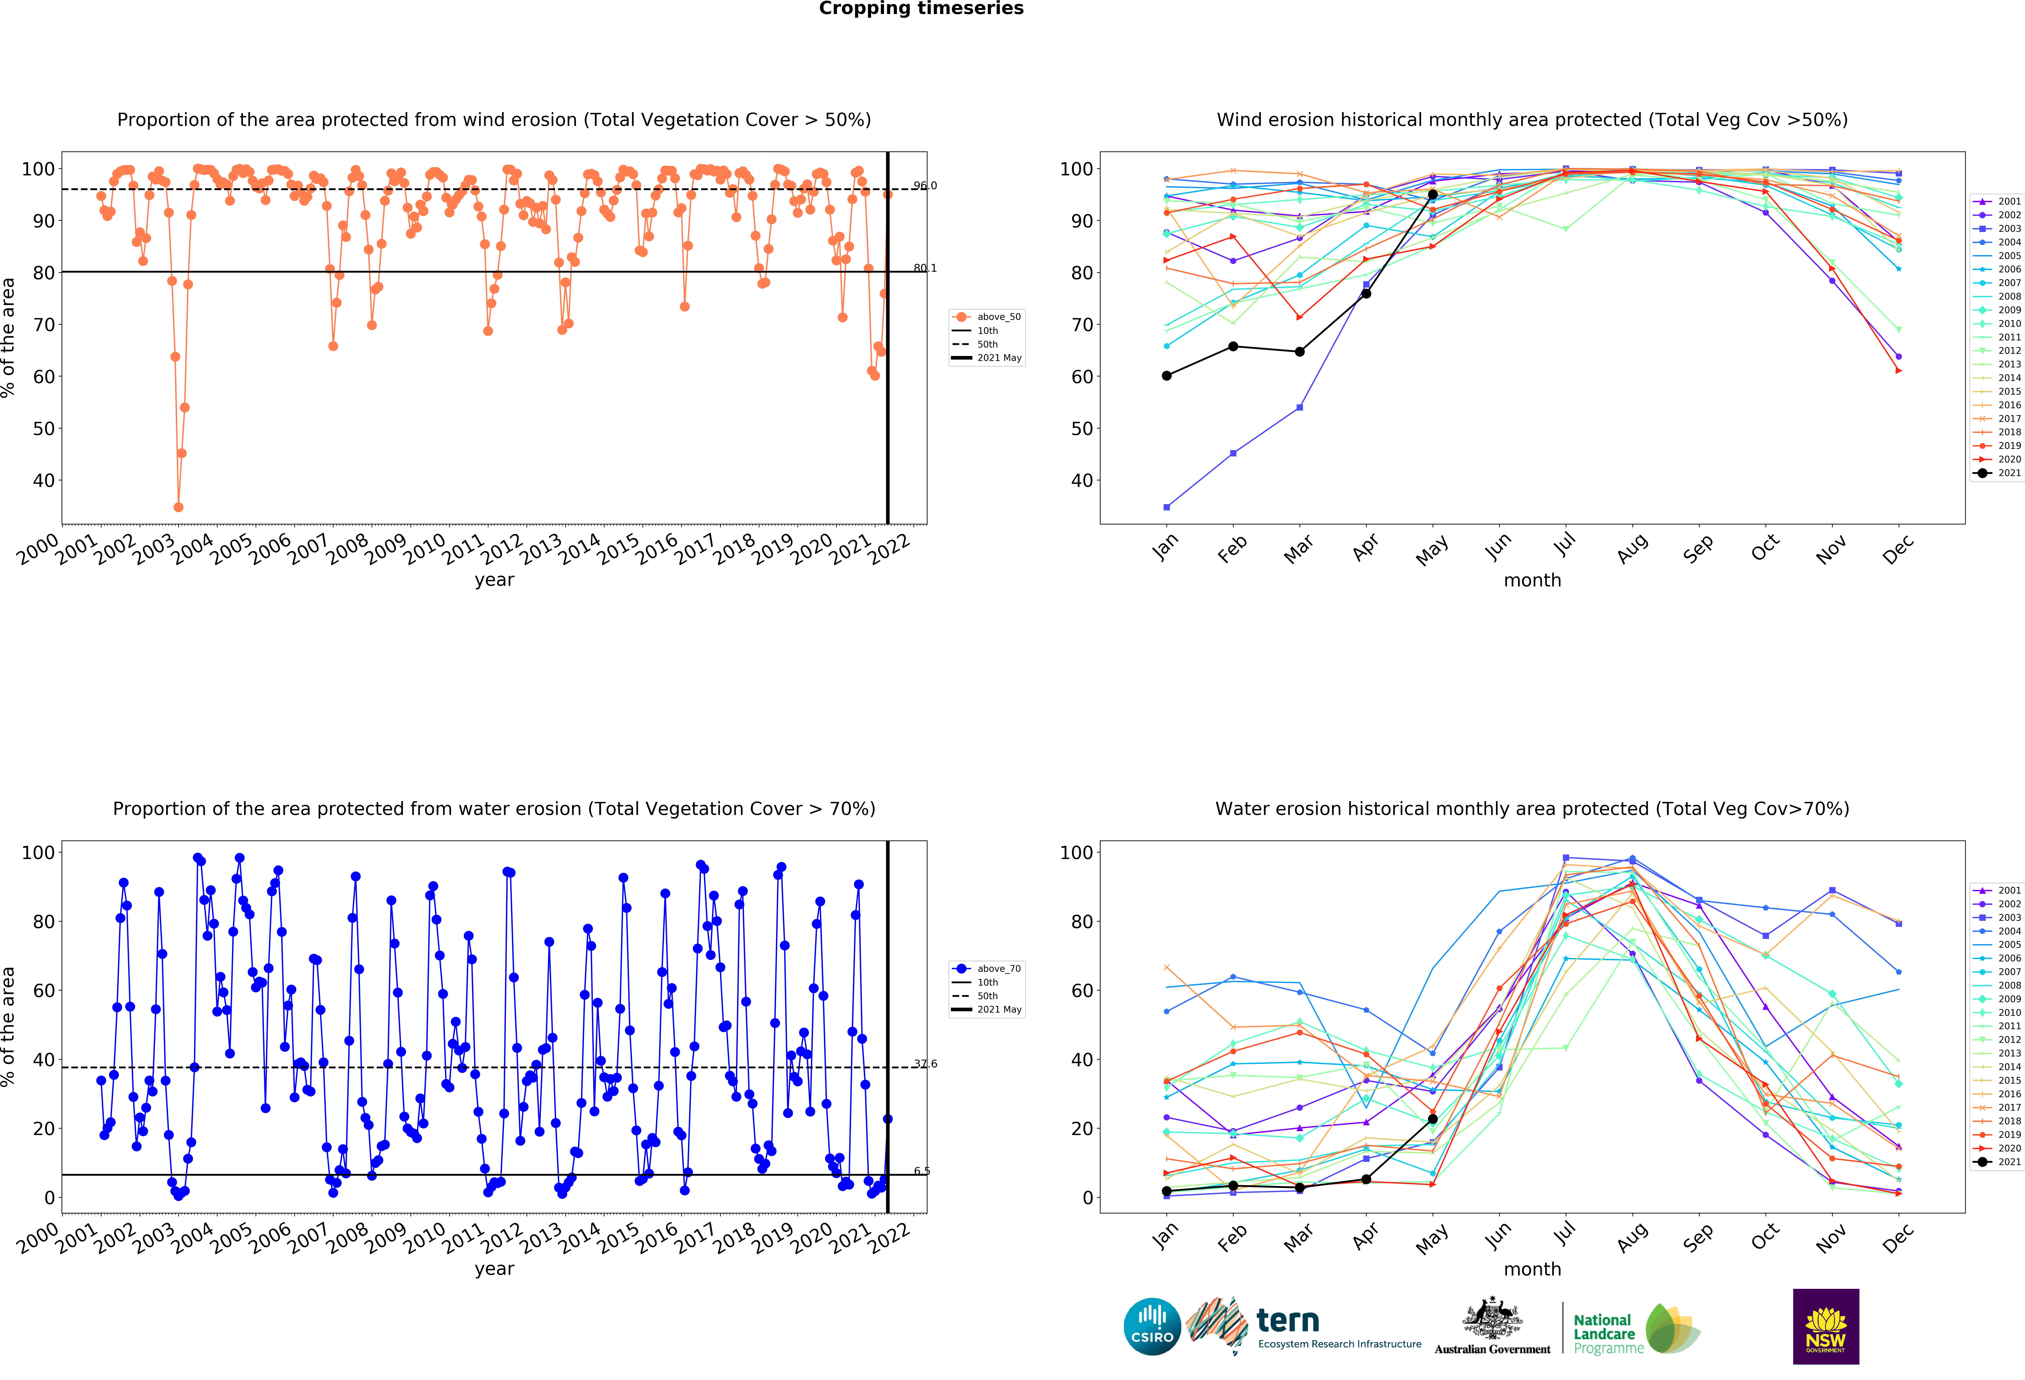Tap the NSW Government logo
pyautogui.click(x=1825, y=1326)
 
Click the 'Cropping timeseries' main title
pyautogui.click(x=921, y=9)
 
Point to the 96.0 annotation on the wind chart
pyautogui.click(x=924, y=186)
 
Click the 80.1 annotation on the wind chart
pyautogui.click(x=924, y=268)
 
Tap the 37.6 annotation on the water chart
pyautogui.click(x=924, y=1064)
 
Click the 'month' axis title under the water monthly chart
pyautogui.click(x=1532, y=1269)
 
